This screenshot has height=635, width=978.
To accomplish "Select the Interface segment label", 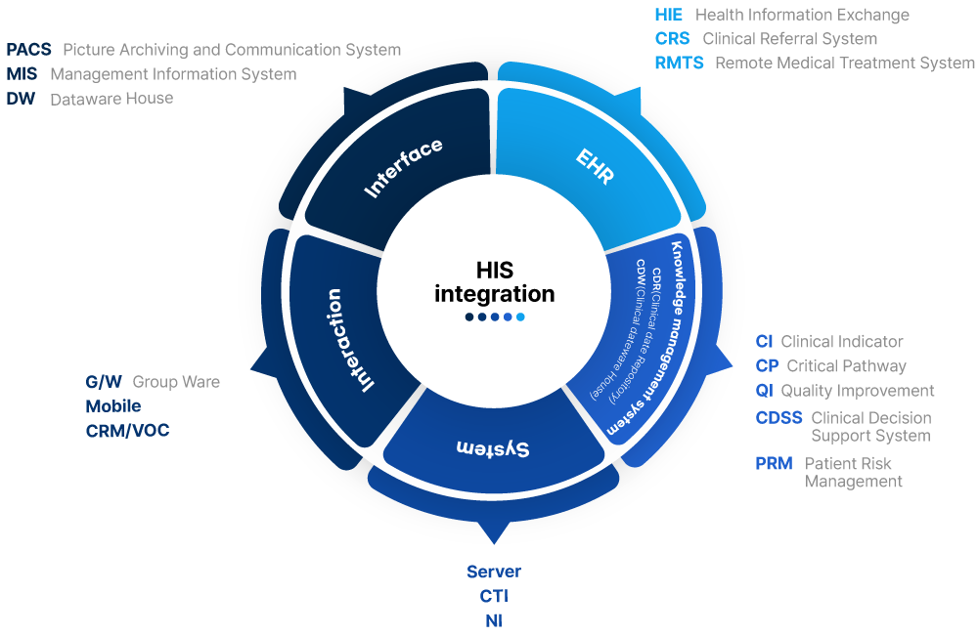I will [x=404, y=168].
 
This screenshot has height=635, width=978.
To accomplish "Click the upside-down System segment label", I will [x=494, y=447].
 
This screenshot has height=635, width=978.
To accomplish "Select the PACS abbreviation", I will [x=28, y=50].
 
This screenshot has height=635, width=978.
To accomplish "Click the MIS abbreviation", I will [x=22, y=74].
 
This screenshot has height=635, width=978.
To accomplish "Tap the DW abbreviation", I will [x=21, y=99].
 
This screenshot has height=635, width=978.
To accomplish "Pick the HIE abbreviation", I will [x=669, y=15].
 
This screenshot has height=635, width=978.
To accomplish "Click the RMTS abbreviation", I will [x=679, y=63].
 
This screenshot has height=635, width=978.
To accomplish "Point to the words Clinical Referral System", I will [x=789, y=39].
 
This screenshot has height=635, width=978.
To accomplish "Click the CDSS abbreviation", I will [x=778, y=418].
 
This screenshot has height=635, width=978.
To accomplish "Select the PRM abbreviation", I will [x=774, y=464].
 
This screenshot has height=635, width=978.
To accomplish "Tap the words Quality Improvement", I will [x=857, y=391].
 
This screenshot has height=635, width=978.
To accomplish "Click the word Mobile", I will [x=112, y=406].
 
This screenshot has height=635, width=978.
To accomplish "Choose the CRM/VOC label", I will [x=127, y=431].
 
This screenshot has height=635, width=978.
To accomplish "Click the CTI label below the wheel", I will [x=494, y=596].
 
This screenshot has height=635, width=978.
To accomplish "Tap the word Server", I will [x=494, y=571].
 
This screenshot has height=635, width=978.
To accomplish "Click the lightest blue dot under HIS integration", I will [x=520, y=317].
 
